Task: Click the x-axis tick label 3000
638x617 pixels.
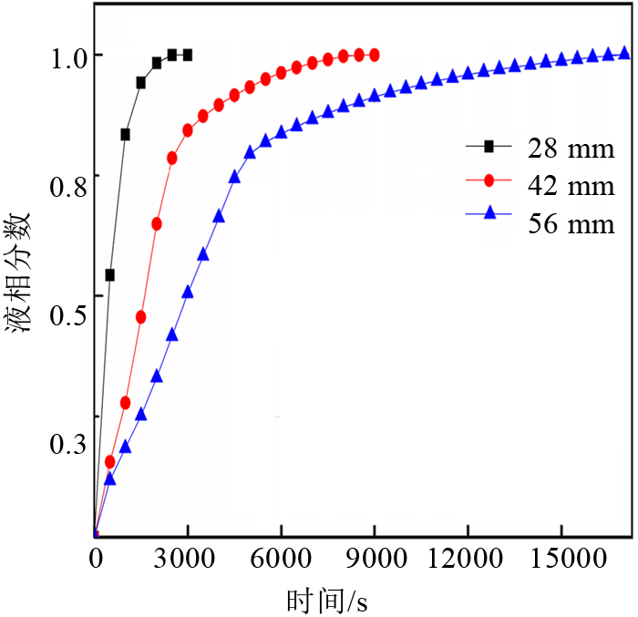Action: point(186,560)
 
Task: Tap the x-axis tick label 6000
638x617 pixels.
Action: point(281,560)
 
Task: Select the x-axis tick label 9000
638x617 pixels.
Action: point(374,560)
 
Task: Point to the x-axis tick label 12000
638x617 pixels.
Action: point(467,560)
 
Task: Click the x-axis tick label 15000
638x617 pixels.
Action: point(561,560)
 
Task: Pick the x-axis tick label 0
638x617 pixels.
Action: point(95,560)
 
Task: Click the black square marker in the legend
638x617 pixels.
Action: point(489,145)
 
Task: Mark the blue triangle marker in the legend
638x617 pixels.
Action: point(489,212)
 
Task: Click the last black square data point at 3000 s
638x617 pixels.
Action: point(188,55)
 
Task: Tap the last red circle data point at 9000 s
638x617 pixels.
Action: point(374,55)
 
